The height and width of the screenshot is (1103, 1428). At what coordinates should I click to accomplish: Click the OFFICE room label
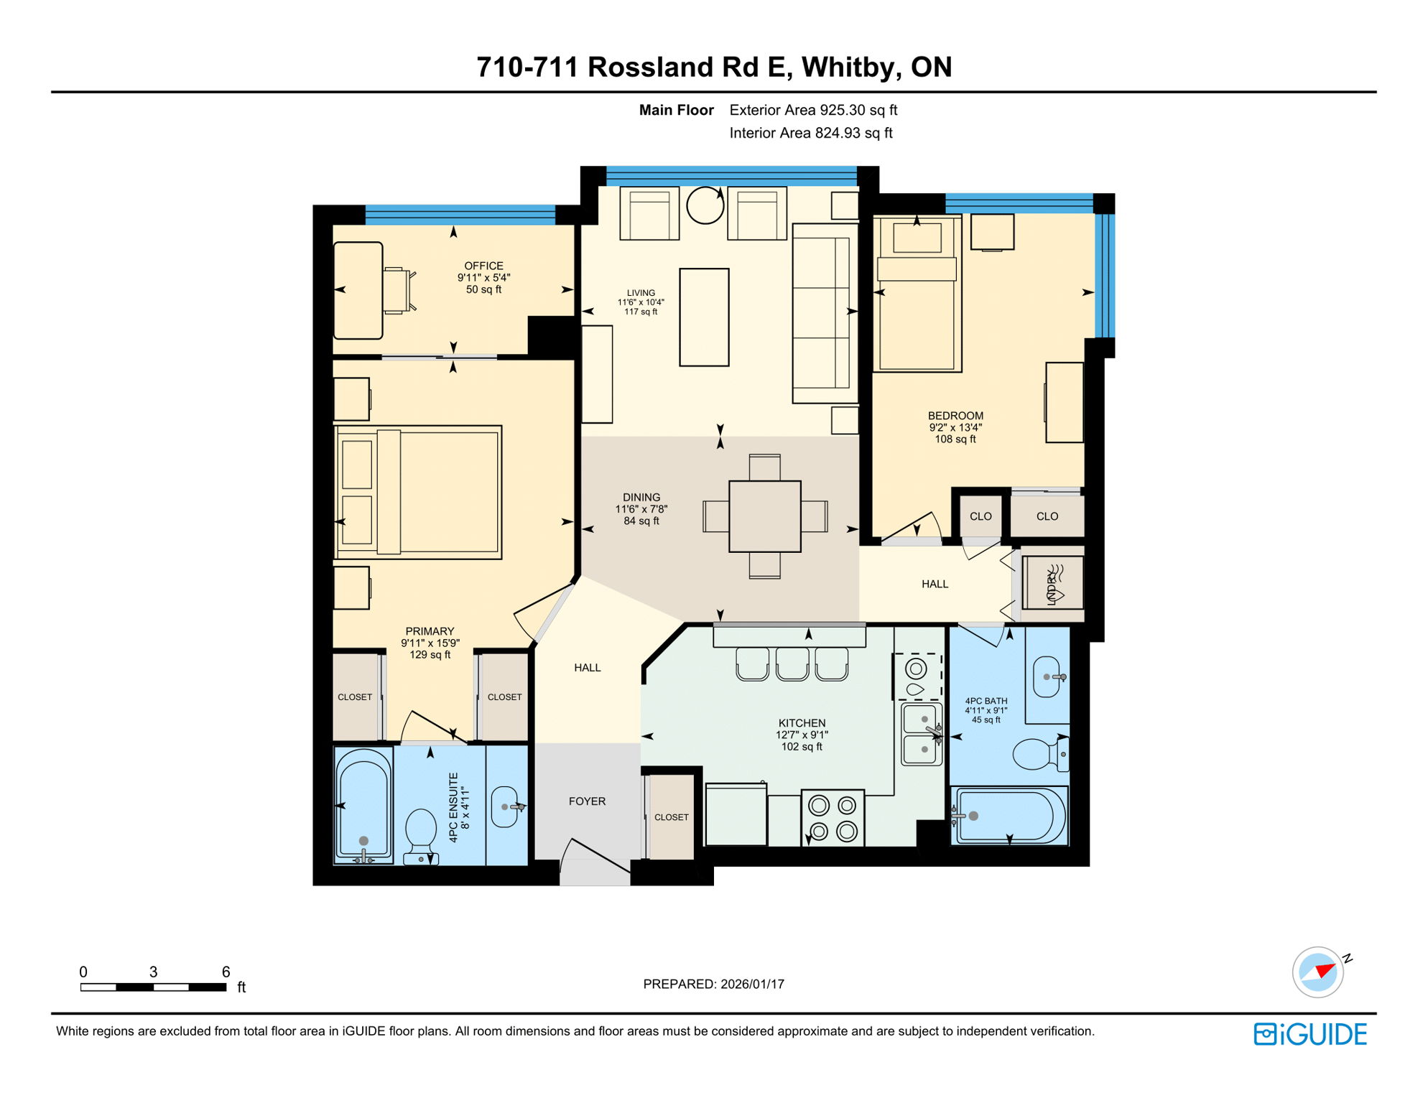pos(483,266)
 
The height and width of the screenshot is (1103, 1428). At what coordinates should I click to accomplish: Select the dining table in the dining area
pos(764,516)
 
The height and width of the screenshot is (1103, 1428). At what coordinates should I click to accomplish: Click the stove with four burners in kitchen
pos(833,819)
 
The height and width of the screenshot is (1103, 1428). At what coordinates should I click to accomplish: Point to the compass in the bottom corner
pos(1318,972)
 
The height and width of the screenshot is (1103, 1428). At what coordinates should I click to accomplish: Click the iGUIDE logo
pos(1310,1034)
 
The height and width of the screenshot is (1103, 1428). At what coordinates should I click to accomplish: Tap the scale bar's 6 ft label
pos(226,972)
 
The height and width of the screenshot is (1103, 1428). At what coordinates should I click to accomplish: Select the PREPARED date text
pos(713,984)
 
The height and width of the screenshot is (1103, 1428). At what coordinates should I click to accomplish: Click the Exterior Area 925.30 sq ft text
pos(813,110)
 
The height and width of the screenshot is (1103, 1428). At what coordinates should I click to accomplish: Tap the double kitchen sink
pos(922,734)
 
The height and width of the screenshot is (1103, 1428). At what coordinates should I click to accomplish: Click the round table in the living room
pos(705,206)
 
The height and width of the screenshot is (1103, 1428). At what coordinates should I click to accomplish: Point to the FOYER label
pos(587,801)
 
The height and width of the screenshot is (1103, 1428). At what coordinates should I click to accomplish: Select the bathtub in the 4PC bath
pos(1009,816)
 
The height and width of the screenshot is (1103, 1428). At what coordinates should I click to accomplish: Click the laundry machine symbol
pos(1052,582)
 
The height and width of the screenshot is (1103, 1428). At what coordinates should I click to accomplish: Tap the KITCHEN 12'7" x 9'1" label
pos(802,734)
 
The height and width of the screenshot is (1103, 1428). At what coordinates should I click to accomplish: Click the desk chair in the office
pos(397,291)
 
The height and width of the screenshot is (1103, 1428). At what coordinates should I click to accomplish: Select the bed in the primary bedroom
pos(418,493)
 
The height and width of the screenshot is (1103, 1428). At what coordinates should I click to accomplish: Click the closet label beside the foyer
pos(671,817)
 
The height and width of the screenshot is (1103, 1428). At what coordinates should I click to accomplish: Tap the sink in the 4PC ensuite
pos(506,806)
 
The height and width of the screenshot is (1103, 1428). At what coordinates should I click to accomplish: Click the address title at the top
pos(714,67)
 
